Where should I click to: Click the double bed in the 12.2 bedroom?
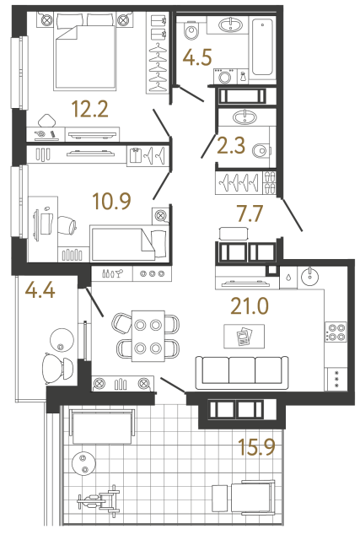(x=84, y=55)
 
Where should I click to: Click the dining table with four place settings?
(x=149, y=335)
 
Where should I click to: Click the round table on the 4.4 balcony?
(x=61, y=340)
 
